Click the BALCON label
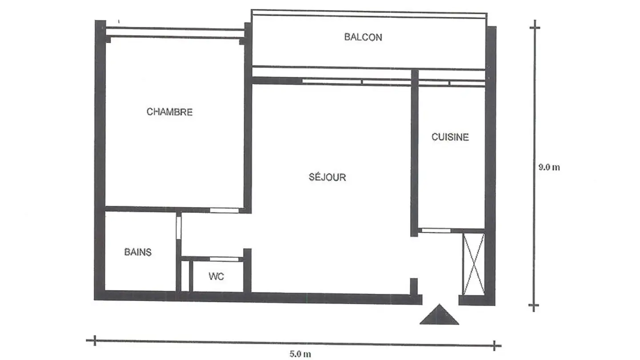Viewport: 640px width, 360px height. click(x=363, y=37)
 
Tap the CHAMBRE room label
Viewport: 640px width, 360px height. click(x=169, y=112)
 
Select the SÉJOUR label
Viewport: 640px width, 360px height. click(x=327, y=177)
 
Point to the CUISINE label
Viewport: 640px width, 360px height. click(x=450, y=137)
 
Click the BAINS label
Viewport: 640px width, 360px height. click(x=138, y=252)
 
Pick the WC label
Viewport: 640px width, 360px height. click(x=216, y=276)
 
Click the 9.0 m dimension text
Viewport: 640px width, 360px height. click(x=549, y=168)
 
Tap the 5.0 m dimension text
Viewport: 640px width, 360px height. click(x=300, y=354)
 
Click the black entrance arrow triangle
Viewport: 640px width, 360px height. click(x=439, y=315)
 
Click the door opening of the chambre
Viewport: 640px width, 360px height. click(x=224, y=210)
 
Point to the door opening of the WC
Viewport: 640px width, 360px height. click(x=224, y=259)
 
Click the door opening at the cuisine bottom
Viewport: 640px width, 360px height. click(x=436, y=230)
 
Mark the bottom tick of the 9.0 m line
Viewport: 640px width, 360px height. click(x=534, y=306)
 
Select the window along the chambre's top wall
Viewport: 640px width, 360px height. click(x=175, y=32)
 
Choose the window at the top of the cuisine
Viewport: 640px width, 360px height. click(x=452, y=83)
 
